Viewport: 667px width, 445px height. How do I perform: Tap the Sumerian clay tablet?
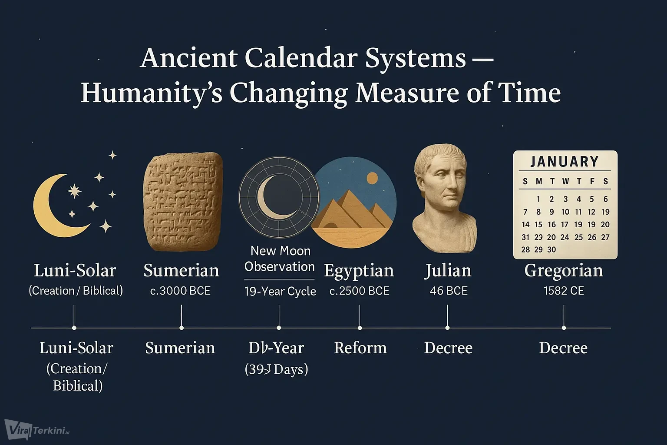[182, 202]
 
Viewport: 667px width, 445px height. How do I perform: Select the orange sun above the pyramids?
[372, 178]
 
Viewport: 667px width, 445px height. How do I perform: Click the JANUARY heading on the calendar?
[565, 162]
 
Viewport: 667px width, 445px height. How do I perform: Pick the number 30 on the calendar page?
[551, 250]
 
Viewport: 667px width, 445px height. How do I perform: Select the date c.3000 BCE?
[180, 291]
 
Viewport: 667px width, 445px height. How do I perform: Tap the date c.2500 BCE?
[360, 291]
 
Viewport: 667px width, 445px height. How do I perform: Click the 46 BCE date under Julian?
[449, 291]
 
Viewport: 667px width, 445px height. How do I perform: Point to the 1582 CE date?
[564, 291]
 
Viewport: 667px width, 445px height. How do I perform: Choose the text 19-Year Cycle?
[280, 291]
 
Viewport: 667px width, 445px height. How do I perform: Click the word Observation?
[279, 266]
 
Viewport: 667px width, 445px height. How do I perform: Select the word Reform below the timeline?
[360, 348]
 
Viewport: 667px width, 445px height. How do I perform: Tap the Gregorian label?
[564, 271]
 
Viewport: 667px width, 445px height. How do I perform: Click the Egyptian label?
[359, 271]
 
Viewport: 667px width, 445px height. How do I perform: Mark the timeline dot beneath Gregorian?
[564, 328]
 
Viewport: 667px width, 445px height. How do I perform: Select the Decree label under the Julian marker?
[448, 348]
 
